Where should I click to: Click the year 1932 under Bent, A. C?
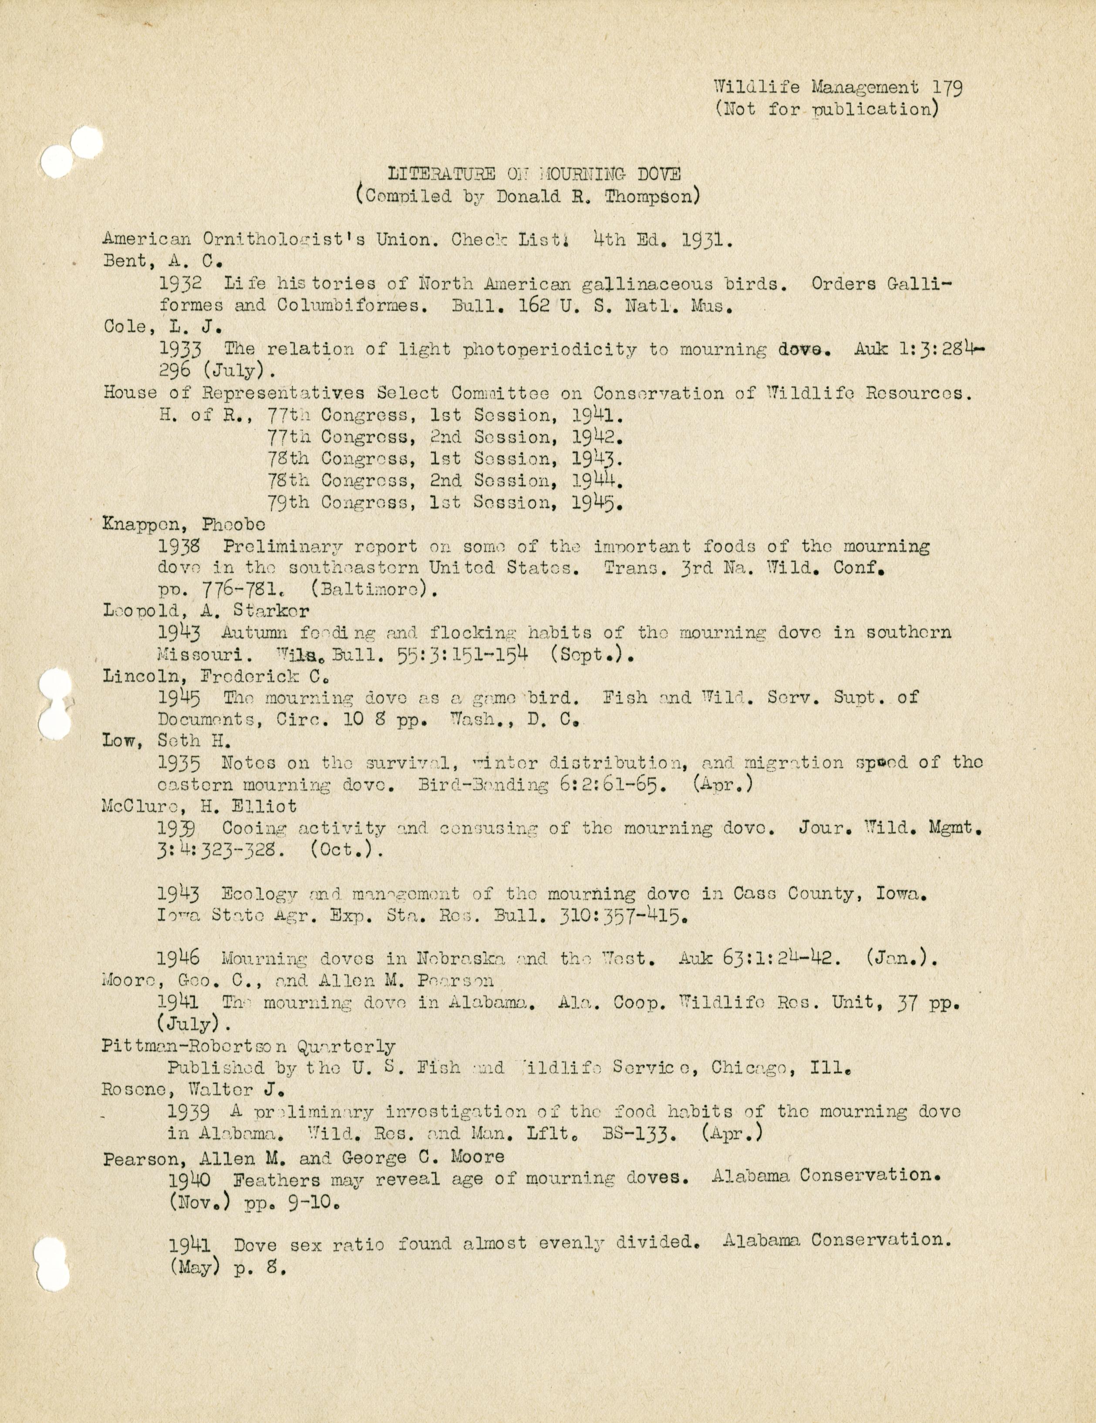pyautogui.click(x=179, y=284)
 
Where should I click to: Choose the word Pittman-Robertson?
pyautogui.click(x=194, y=1046)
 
